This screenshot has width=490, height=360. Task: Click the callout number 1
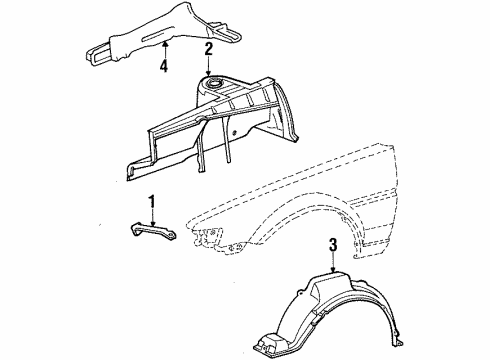tap(151, 204)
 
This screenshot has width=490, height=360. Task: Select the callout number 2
tap(208, 48)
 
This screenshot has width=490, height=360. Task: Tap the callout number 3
tap(333, 244)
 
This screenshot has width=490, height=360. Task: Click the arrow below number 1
tap(151, 217)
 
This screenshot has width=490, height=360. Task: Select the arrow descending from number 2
tap(208, 65)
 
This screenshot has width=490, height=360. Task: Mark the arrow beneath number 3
tap(333, 262)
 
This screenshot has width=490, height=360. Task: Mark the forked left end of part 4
tap(95, 49)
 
